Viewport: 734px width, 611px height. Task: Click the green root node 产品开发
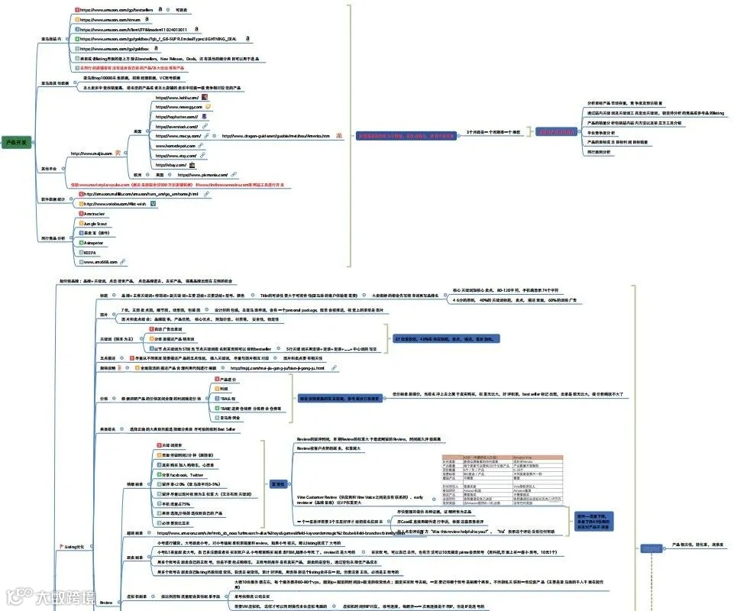16,142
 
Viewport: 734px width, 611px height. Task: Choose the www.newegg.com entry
179,108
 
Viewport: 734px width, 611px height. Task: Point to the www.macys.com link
176,136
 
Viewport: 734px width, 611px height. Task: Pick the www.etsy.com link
176,155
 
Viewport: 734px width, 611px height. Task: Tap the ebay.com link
171,165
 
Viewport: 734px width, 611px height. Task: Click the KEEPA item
90,251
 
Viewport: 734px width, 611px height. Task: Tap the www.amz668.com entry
99,261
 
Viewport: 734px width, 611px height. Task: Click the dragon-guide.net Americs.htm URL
276,136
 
